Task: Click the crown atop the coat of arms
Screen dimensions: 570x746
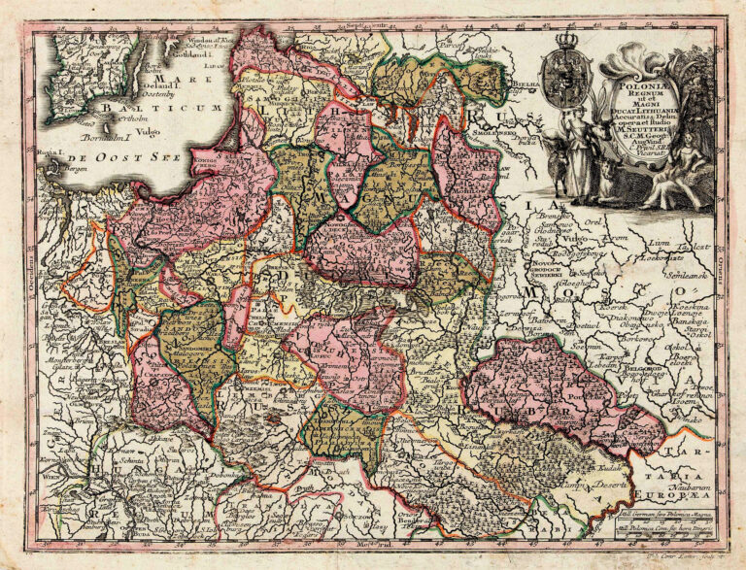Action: (569, 41)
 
